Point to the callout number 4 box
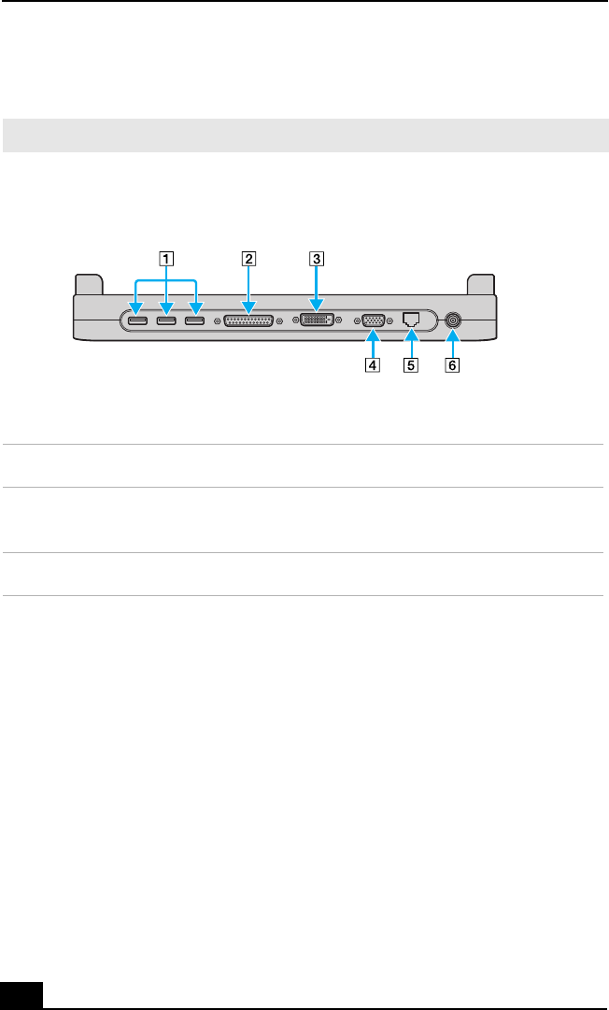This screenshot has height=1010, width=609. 373,365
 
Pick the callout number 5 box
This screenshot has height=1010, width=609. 412,365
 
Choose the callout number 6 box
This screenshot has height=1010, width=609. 453,365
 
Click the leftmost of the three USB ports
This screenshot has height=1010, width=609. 136,321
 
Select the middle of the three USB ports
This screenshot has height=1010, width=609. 166,321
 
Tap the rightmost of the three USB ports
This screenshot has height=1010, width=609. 195,321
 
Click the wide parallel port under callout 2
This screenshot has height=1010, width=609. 248,320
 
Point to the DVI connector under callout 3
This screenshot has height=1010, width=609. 317,320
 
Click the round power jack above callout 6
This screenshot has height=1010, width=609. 453,320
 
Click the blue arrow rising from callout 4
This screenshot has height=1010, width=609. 373,344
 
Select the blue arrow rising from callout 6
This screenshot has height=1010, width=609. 453,344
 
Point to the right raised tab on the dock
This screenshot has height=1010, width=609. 479,283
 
